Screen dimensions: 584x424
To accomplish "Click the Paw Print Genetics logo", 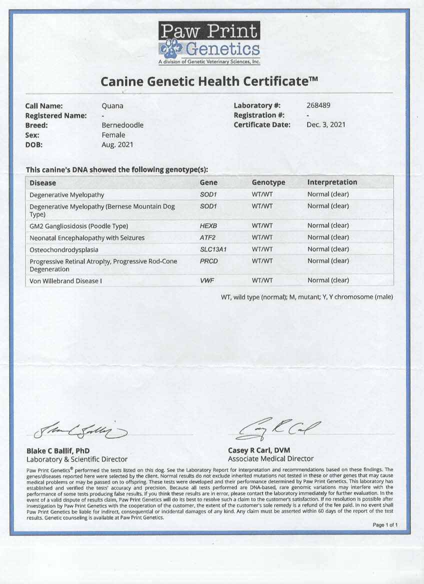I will click(209, 43).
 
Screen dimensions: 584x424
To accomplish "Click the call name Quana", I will click(112, 106).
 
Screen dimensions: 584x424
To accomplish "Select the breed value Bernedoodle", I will click(122, 125).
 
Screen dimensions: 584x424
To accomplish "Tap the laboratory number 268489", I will click(318, 105).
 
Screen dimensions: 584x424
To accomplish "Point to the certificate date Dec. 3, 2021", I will click(325, 125).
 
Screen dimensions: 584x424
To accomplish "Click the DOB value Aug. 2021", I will click(117, 145).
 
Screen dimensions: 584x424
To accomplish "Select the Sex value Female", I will click(113, 135).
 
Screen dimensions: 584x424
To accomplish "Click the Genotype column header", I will click(268, 183).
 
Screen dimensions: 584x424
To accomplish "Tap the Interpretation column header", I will click(332, 182).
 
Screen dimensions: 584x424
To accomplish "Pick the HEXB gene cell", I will click(207, 226).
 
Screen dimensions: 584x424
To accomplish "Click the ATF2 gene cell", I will click(207, 237).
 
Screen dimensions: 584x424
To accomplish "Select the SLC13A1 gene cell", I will click(212, 249).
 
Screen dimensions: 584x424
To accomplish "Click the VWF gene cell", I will click(207, 281).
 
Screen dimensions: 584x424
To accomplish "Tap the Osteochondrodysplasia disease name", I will click(63, 249).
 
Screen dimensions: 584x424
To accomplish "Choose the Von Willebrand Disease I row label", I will click(65, 281).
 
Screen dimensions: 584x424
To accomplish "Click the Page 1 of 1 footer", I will click(385, 525).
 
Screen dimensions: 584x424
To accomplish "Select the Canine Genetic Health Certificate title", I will click(209, 81).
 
